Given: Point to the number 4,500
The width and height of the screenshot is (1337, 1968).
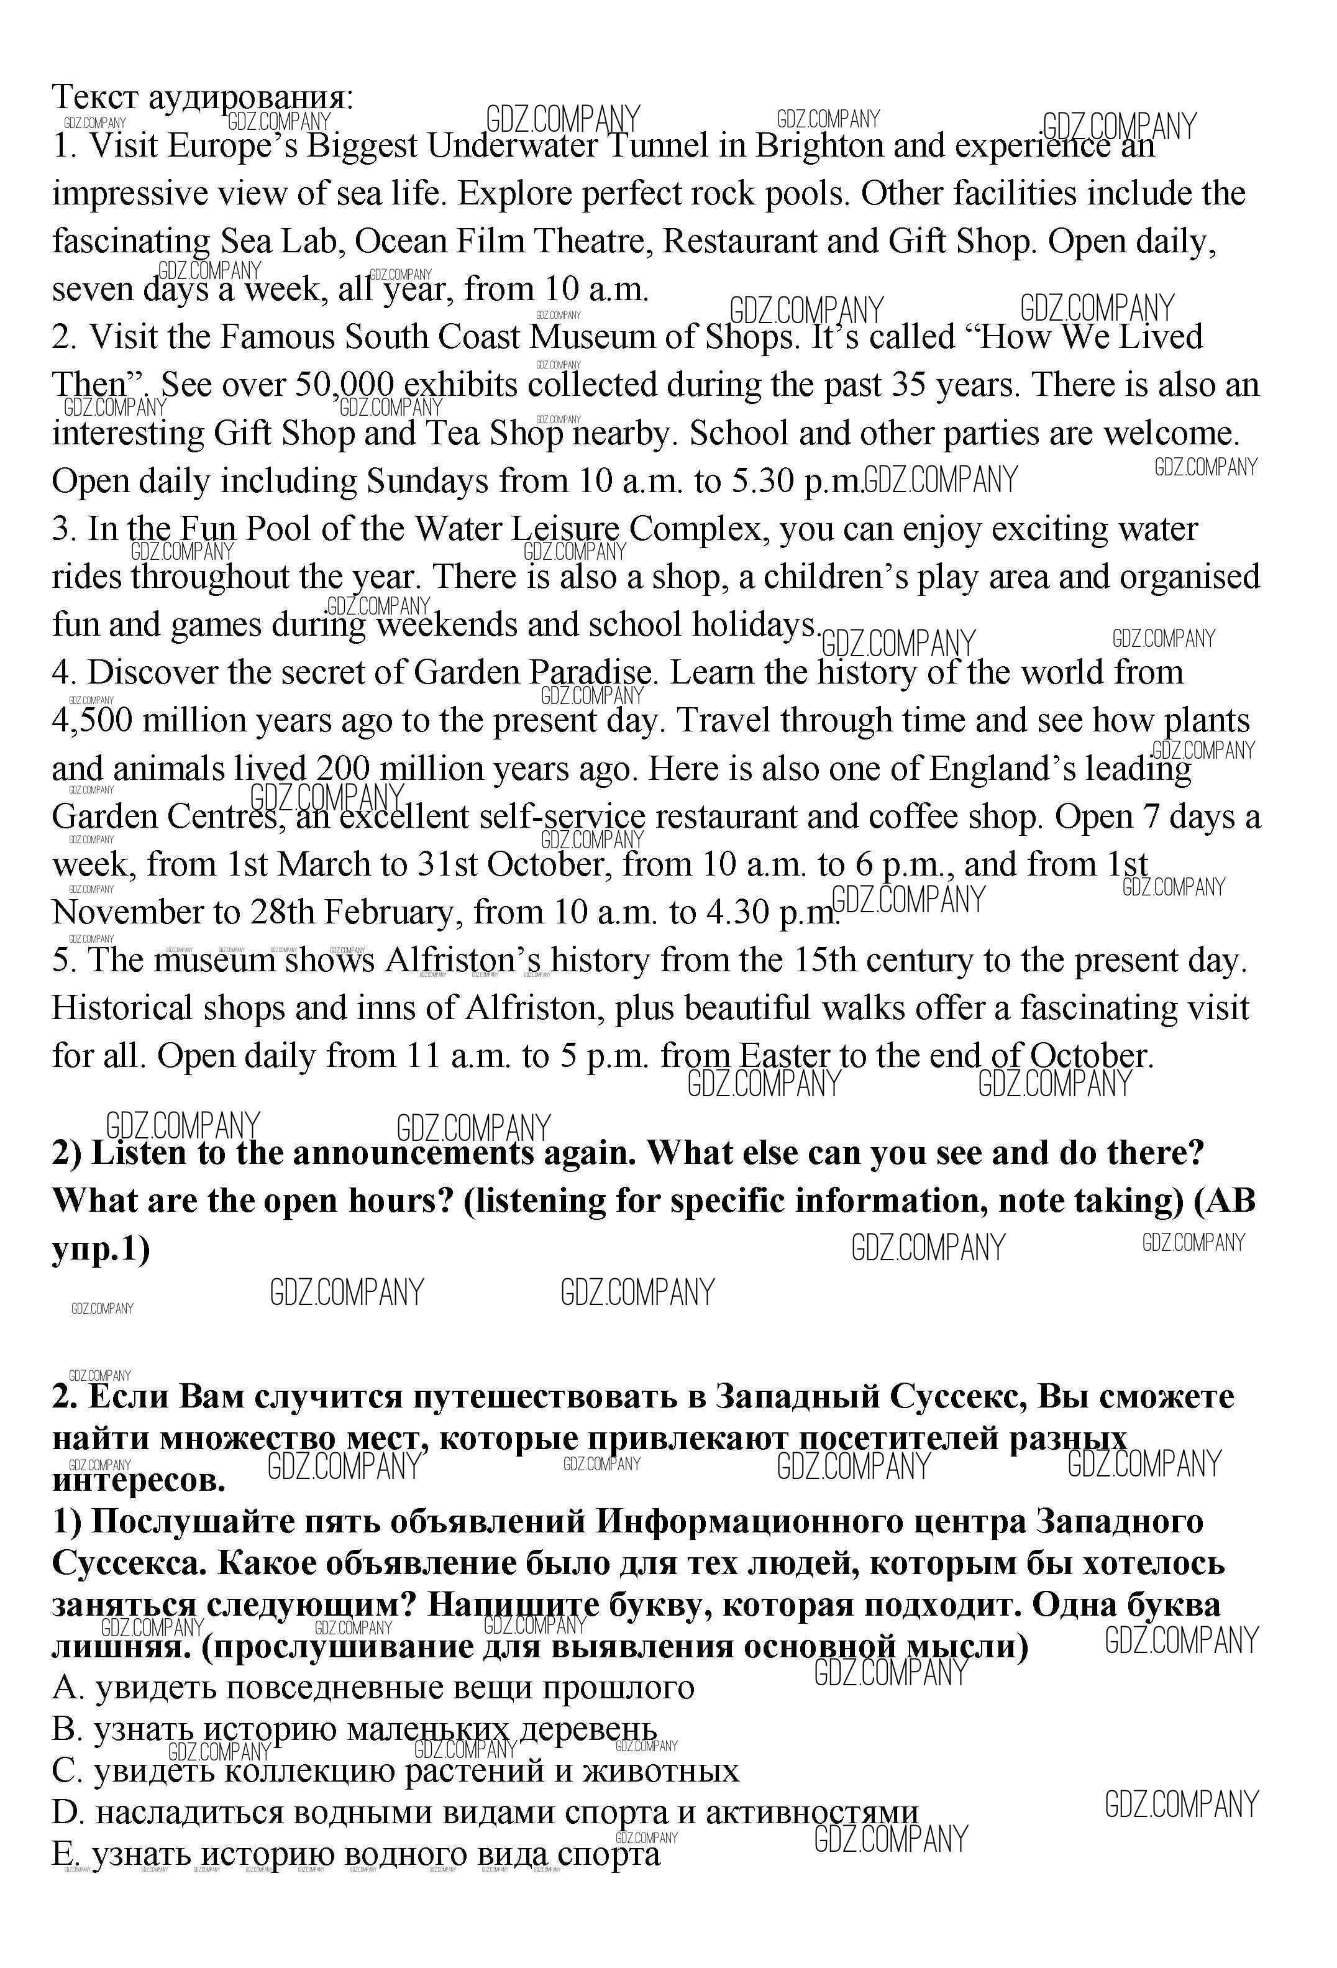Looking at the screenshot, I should pyautogui.click(x=93, y=721).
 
